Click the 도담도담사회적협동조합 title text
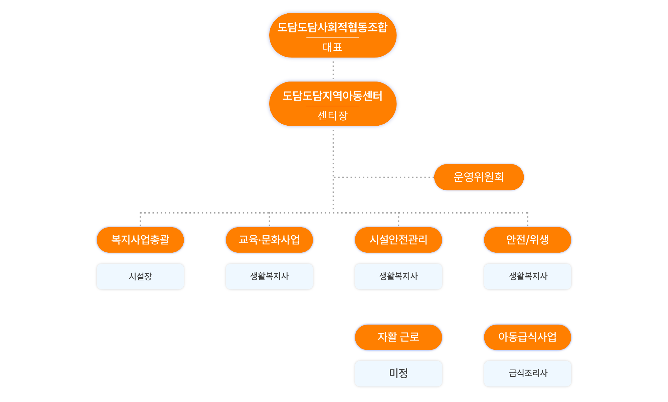(332, 27)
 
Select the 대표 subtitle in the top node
(332, 47)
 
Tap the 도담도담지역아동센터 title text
(332, 96)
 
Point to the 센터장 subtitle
(332, 116)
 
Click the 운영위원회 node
(479, 177)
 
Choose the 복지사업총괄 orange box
(140, 240)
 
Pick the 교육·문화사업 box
(269, 240)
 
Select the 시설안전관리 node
(398, 240)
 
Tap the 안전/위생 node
(527, 240)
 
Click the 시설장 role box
(140, 276)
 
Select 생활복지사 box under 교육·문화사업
(269, 276)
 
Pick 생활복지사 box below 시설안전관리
(398, 276)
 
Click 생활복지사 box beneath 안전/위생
(527, 276)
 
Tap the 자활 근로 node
(398, 337)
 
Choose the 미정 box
(398, 373)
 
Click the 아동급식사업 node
(527, 337)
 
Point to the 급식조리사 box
(527, 373)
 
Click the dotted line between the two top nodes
(333, 70)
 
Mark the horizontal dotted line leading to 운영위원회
(384, 177)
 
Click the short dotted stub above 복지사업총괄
(140, 220)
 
